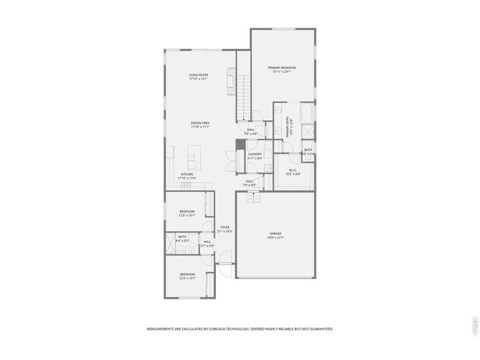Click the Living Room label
tap(198, 75)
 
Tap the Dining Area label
tap(199, 123)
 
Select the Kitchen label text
tap(187, 175)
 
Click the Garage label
tap(275, 235)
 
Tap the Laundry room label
tap(255, 154)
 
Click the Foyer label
tap(225, 227)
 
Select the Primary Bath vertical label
tap(286, 124)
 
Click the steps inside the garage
tap(253, 196)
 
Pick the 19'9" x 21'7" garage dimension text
tap(275, 238)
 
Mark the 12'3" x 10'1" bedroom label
tap(187, 215)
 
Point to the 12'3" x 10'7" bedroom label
tap(187, 277)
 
